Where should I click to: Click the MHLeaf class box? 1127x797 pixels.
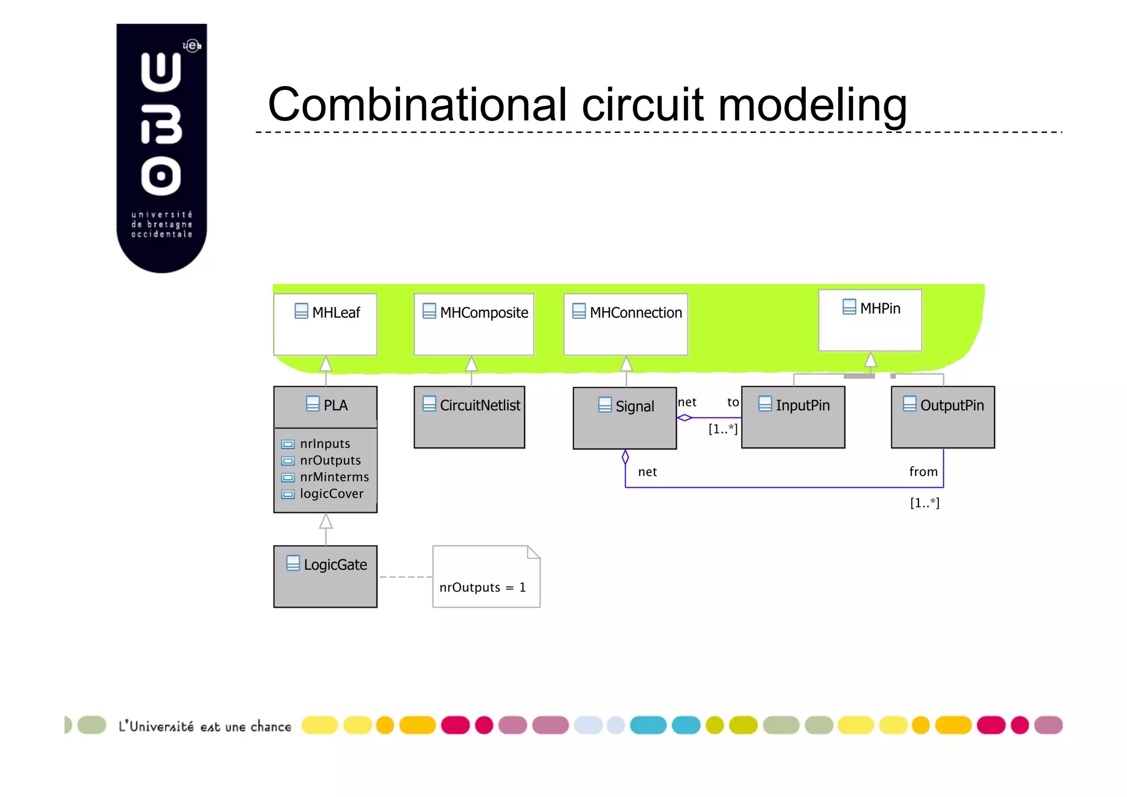pos(325,324)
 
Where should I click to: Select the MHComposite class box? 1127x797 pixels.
pos(474,324)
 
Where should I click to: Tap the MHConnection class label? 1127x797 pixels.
pos(635,313)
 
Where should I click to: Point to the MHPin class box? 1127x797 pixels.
pos(870,321)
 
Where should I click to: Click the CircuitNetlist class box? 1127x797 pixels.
pos(469,417)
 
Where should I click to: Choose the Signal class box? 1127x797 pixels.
pos(625,418)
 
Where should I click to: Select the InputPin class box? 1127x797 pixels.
pos(793,417)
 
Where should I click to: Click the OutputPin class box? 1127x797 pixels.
pos(943,417)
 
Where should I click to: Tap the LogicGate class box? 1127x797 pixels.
pos(325,576)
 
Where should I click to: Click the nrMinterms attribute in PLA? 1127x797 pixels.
pos(333,477)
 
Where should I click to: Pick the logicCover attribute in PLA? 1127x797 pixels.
pos(331,494)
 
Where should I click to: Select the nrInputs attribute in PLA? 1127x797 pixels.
pos(324,444)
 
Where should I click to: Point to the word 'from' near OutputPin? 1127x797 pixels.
pos(923,472)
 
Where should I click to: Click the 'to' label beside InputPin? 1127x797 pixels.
pos(733,402)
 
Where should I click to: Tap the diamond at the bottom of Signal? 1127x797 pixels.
pos(625,457)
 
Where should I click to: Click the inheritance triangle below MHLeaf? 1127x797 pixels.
pos(326,364)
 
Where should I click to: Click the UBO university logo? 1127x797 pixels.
pos(161,148)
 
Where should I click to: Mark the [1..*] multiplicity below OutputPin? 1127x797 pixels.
pos(924,503)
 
